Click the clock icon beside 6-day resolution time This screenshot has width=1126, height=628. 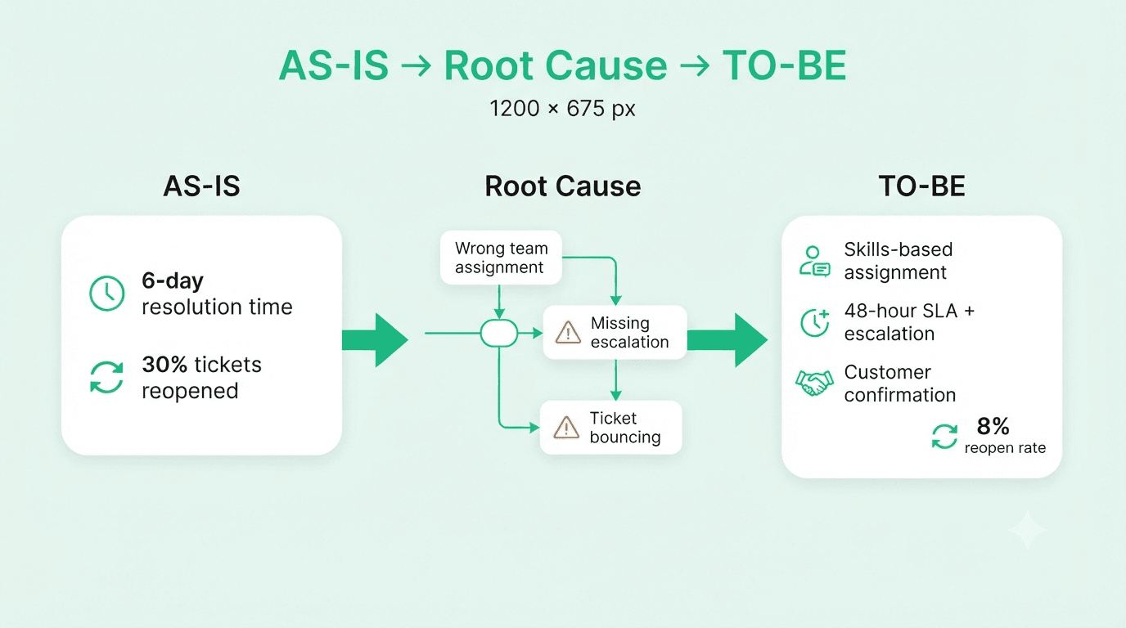coord(106,293)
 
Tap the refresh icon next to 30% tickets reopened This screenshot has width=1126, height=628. coord(106,377)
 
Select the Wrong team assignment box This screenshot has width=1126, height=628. coord(501,258)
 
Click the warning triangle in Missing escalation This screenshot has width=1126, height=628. coord(568,333)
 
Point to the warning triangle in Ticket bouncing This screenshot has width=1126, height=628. coord(566,428)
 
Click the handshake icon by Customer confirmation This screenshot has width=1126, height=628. coord(814,384)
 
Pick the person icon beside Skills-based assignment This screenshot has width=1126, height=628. coord(814,261)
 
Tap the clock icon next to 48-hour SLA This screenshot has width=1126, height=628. coord(814,322)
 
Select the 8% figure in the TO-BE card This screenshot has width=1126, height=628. coord(993,426)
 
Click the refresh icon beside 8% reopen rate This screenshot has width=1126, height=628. coord(944,436)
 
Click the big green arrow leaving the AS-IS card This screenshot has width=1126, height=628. coord(375,340)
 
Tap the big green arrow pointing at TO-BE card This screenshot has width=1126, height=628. coord(727,340)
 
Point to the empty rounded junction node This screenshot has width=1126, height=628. coord(498,333)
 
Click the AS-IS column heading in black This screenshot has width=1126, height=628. coord(201,186)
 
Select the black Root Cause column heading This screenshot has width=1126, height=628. coord(562,186)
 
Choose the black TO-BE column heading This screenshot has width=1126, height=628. coord(922,186)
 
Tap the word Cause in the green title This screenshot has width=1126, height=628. coord(606,65)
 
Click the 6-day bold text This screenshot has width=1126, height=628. coord(173,280)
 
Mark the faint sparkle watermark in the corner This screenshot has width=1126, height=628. coord(1027,530)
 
